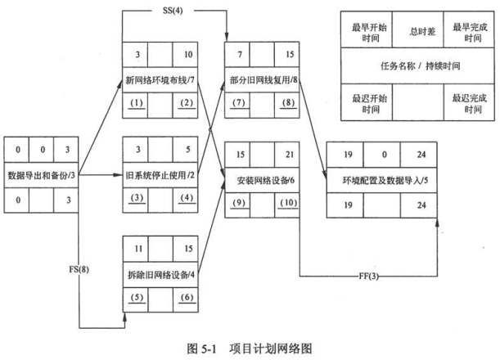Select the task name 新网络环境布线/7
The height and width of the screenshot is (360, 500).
coord(158,79)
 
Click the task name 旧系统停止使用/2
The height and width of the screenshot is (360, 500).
coord(158,174)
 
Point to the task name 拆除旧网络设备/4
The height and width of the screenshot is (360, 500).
coord(158,271)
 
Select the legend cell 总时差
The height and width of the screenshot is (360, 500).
coord(414,31)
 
